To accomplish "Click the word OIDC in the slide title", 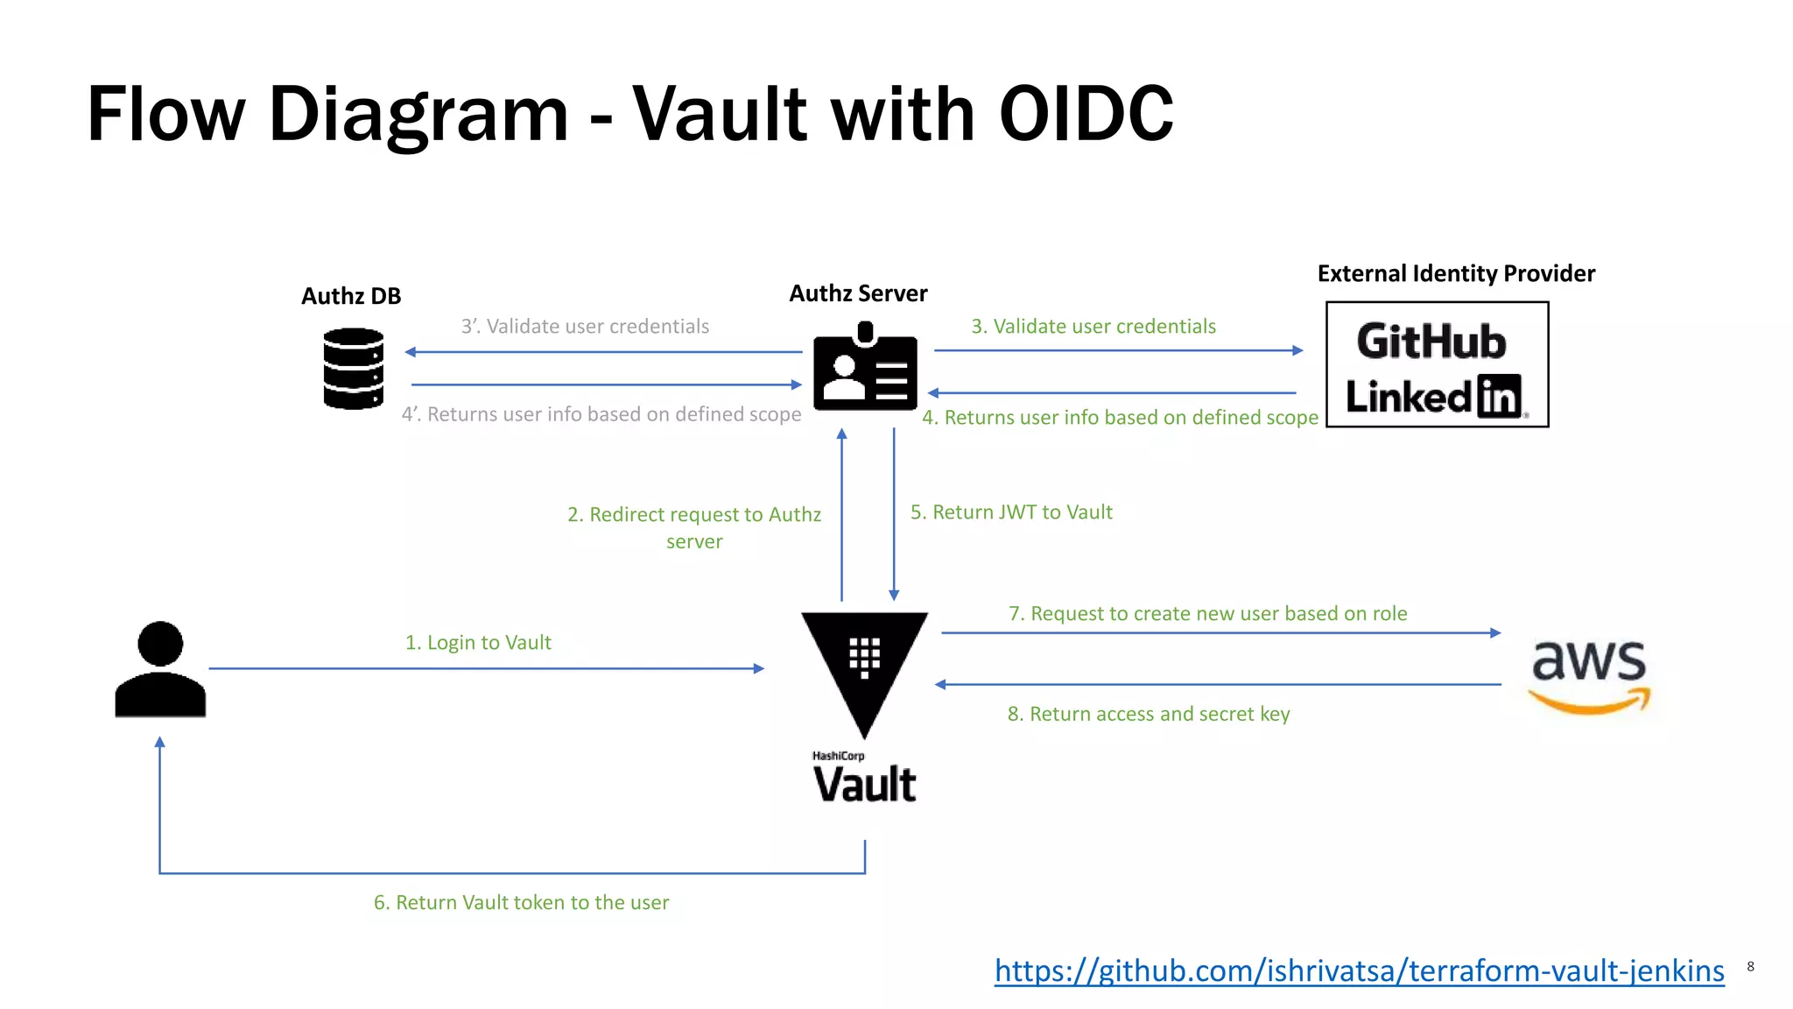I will point(1086,114).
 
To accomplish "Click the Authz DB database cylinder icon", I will point(353,368).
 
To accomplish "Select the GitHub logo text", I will point(1431,342).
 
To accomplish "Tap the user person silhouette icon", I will point(160,670).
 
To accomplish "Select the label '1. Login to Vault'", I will point(478,643).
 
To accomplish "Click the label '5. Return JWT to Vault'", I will point(1011,512).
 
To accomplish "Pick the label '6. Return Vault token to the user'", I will point(521,902).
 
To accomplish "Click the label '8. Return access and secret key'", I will point(1149,714).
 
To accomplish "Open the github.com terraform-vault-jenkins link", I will point(1359,970).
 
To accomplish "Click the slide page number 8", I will point(1750,966).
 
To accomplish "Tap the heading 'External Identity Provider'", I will point(1456,273).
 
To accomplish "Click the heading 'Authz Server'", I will point(858,293).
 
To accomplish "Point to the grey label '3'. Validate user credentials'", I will point(585,327).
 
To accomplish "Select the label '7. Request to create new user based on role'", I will point(1207,613).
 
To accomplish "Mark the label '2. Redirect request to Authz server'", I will point(694,527).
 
